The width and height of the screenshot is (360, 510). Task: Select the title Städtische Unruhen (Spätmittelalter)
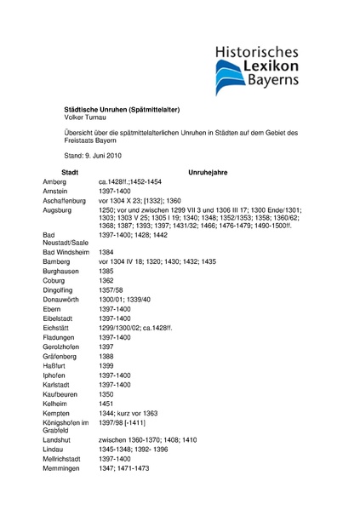(x=123, y=110)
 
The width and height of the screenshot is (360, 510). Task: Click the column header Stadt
(x=71, y=172)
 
